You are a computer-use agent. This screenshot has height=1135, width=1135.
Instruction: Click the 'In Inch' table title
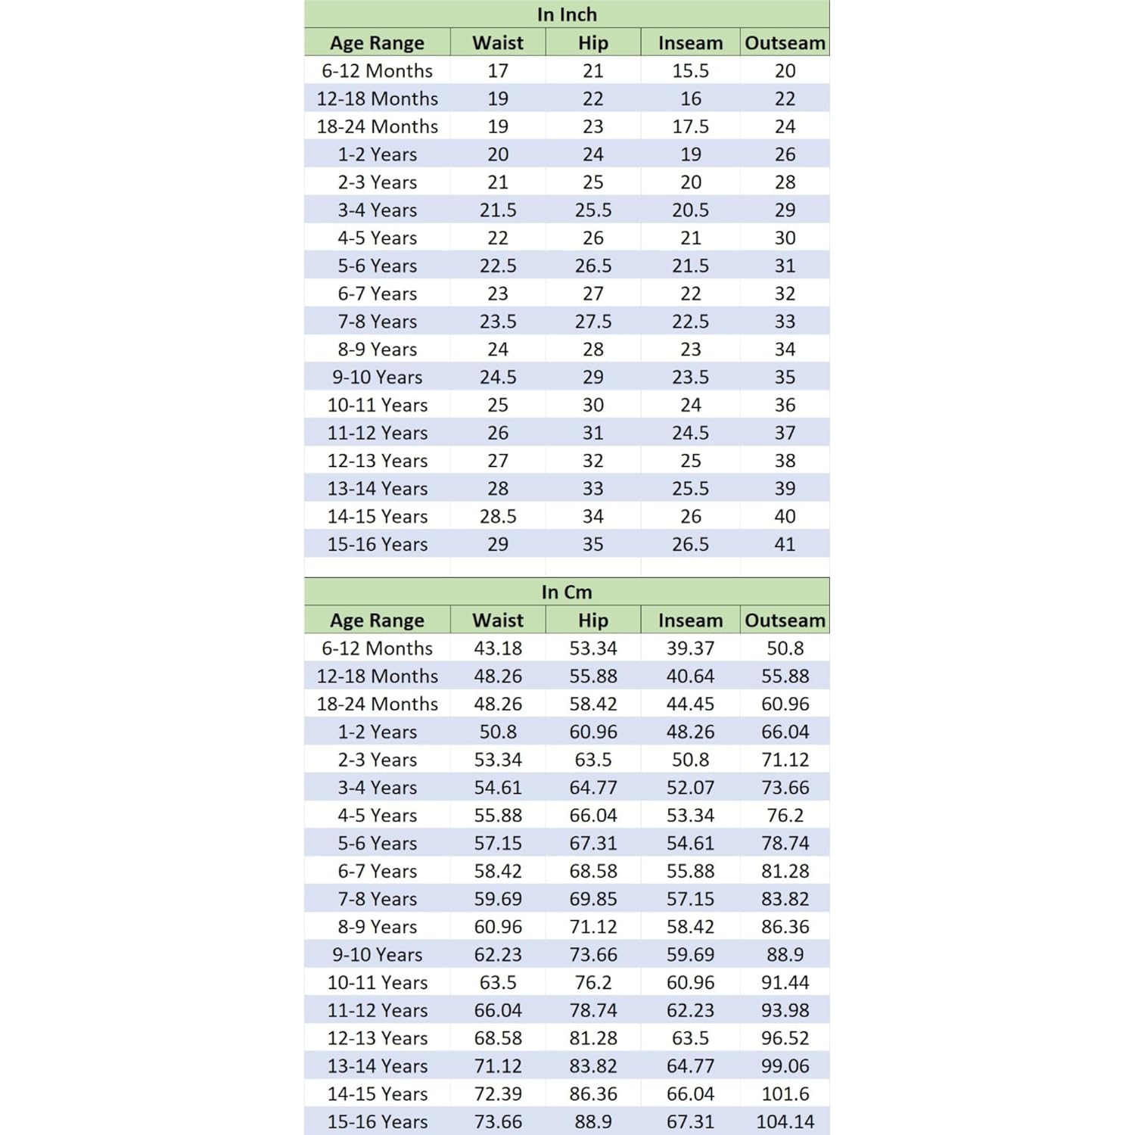pyautogui.click(x=567, y=14)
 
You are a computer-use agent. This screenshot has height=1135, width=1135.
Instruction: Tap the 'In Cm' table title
pyautogui.click(x=567, y=592)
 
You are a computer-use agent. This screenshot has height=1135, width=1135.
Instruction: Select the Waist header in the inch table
pyautogui.click(x=498, y=42)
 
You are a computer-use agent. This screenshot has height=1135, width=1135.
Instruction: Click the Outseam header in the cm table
pyautogui.click(x=785, y=620)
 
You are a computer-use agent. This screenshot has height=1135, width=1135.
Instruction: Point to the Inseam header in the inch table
pyautogui.click(x=690, y=42)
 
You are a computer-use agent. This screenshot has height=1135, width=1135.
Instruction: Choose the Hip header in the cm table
pyautogui.click(x=593, y=620)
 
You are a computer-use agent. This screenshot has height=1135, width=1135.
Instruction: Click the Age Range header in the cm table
pyautogui.click(x=377, y=620)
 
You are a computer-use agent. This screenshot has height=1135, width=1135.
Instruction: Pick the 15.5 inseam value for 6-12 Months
pyautogui.click(x=690, y=70)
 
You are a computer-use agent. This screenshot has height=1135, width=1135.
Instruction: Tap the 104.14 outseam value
pyautogui.click(x=785, y=1121)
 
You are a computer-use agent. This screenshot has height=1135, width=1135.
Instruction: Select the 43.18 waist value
pyautogui.click(x=498, y=648)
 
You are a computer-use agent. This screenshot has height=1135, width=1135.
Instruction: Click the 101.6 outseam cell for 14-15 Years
pyautogui.click(x=785, y=1093)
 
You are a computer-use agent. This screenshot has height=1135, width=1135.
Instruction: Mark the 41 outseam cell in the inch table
pyautogui.click(x=785, y=544)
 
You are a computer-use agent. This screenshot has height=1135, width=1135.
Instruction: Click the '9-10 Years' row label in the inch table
pyautogui.click(x=377, y=377)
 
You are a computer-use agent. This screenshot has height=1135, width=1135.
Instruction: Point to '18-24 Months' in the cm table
pyautogui.click(x=377, y=704)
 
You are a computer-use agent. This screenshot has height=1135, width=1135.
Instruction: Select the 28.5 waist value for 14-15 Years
pyautogui.click(x=498, y=516)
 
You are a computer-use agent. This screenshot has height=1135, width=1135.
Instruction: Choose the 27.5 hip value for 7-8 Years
pyautogui.click(x=593, y=322)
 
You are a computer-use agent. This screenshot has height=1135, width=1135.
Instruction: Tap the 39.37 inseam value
pyautogui.click(x=690, y=648)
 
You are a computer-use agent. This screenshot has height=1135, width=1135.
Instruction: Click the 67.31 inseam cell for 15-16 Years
pyautogui.click(x=690, y=1121)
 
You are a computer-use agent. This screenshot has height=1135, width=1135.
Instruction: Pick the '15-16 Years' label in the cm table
pyautogui.click(x=377, y=1121)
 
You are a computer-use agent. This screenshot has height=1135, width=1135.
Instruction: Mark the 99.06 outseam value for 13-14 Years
pyautogui.click(x=785, y=1065)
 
